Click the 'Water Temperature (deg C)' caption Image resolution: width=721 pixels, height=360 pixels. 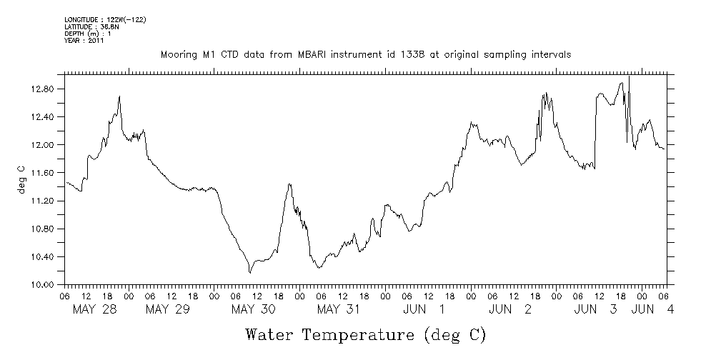pyautogui.click(x=367, y=334)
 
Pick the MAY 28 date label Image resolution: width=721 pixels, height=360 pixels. pyautogui.click(x=96, y=309)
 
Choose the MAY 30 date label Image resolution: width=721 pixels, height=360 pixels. pyautogui.click(x=253, y=309)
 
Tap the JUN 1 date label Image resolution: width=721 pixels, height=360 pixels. pyautogui.click(x=424, y=309)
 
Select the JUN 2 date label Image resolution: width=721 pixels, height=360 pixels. pyautogui.click(x=510, y=309)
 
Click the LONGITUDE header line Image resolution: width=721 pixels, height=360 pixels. pyautogui.click(x=105, y=19)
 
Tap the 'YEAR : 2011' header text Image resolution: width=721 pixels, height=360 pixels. pyautogui.click(x=84, y=41)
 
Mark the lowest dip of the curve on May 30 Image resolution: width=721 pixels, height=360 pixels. pyautogui.click(x=250, y=273)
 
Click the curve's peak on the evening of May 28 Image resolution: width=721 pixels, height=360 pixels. pyautogui.click(x=119, y=96)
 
